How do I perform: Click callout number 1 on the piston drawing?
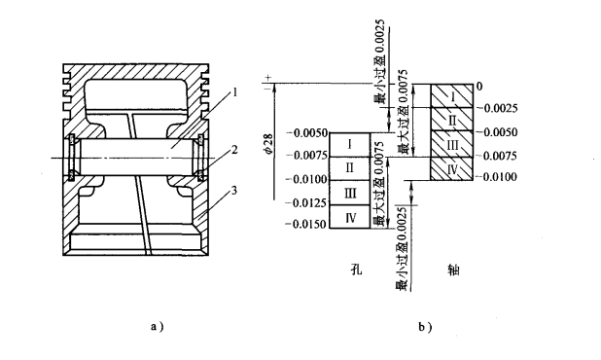235,92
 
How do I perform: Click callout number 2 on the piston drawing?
234,150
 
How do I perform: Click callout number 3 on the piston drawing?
234,190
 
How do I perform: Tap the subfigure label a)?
158,327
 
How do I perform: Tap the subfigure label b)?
425,327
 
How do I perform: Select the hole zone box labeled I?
350,145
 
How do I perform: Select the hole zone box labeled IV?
350,217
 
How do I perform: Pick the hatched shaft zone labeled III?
451,144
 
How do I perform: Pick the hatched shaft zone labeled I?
451,96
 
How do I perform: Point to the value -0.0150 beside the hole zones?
307,224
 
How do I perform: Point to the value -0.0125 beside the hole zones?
307,202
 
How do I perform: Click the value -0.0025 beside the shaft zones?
497,108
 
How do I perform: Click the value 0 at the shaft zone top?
479,87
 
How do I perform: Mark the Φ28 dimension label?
268,144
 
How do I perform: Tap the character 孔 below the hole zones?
357,270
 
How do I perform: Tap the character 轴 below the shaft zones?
453,270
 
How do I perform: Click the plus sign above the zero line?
268,78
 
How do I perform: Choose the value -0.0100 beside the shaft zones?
497,177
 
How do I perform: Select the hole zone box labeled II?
350,168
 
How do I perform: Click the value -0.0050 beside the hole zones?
307,133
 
